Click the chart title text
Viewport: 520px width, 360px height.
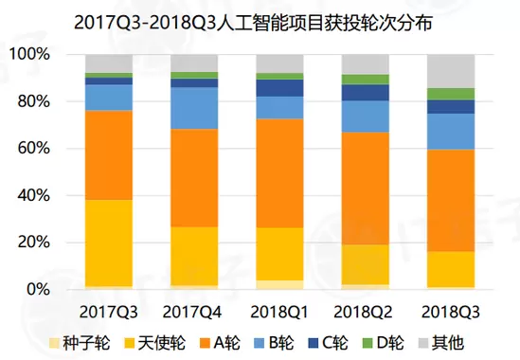pos(253,24)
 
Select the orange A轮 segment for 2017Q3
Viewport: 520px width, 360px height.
pos(109,155)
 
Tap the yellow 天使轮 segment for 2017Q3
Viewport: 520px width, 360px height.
pos(109,243)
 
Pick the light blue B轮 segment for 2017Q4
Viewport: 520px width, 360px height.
pos(194,108)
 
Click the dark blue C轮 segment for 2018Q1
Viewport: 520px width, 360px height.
pos(279,88)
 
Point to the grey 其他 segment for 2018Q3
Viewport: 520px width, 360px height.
pos(451,71)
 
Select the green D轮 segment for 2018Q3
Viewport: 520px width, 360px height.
pos(451,94)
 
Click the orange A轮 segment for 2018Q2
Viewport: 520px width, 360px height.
pos(366,189)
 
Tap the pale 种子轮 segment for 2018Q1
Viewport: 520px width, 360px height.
pos(279,285)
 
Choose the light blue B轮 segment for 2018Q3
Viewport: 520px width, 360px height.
pos(451,132)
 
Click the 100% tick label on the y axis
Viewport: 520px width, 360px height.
pos(29,54)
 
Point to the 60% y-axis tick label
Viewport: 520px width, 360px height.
pos(33,148)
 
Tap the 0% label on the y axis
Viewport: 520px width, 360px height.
pos(38,289)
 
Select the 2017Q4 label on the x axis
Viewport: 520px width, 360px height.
pos(192,313)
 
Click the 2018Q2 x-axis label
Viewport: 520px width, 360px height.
pos(363,313)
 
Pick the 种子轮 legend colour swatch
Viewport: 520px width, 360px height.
pos(54,343)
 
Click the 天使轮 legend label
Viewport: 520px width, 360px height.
pos(162,343)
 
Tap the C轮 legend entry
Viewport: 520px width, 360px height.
pos(329,343)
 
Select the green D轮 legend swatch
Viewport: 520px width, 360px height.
pos(368,343)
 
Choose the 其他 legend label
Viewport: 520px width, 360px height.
pos(448,343)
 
